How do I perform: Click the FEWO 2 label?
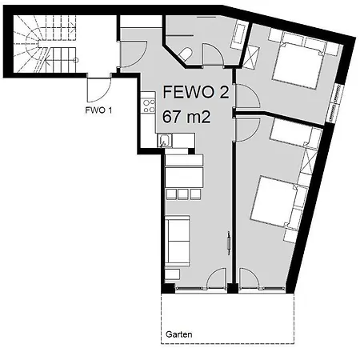pos(196,92)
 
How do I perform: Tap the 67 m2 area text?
pos(186,117)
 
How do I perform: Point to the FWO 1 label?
pos(98,110)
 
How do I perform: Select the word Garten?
pos(179,334)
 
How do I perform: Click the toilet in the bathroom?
pos(185,54)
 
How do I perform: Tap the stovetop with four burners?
pos(149,106)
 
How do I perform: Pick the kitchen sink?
pos(165,141)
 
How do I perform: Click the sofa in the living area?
pos(178,241)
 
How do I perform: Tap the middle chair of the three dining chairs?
pos(183,194)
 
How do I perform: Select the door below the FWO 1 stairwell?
pos(99,90)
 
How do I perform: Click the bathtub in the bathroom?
pos(239,35)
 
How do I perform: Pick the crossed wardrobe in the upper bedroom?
pos(250,58)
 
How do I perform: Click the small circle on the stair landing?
pos(76,60)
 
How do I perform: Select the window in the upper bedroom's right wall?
pos(335,103)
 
